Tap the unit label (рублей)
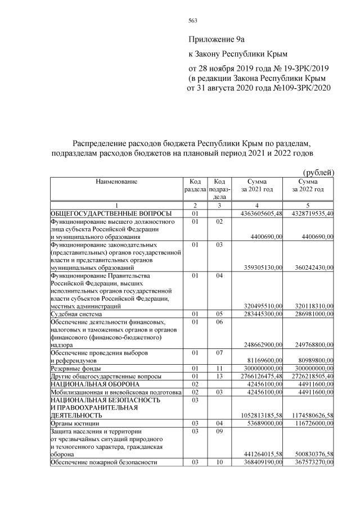tap(318, 172)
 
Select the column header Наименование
tap(116, 182)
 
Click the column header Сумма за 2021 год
tap(257, 186)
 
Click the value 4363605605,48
tap(257, 214)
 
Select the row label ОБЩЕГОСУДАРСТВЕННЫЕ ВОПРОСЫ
tap(111, 214)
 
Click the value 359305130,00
tap(260, 268)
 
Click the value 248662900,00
tap(260, 344)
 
